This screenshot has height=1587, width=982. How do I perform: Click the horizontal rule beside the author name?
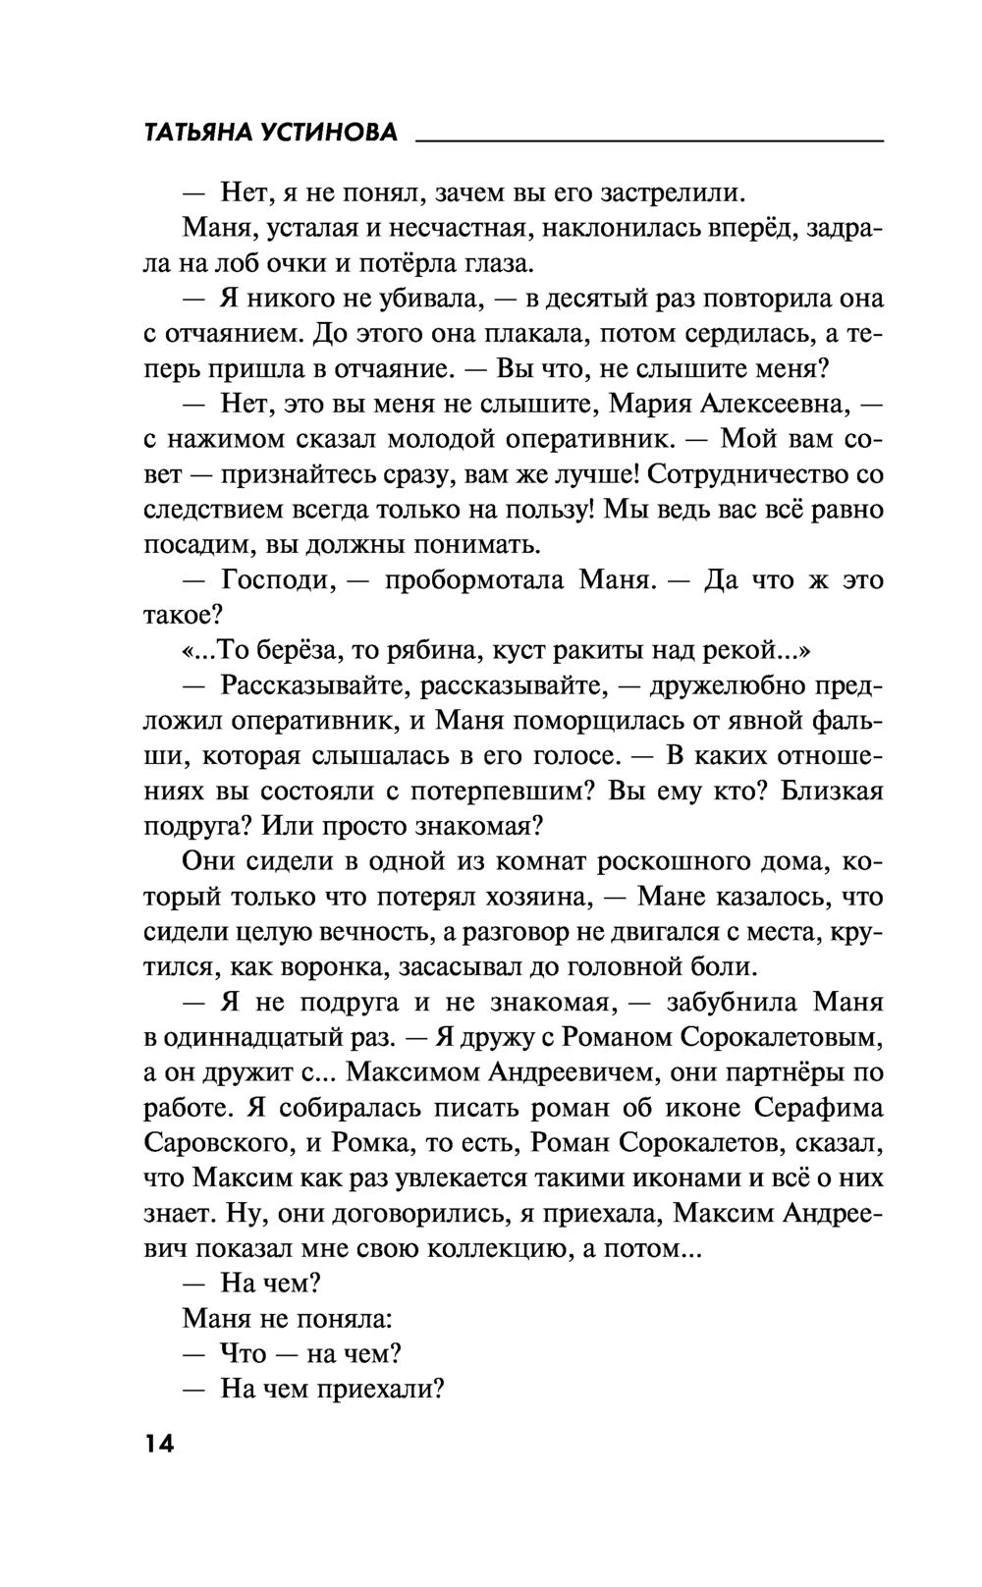(649, 143)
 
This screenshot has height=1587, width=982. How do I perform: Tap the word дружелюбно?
(732, 685)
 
